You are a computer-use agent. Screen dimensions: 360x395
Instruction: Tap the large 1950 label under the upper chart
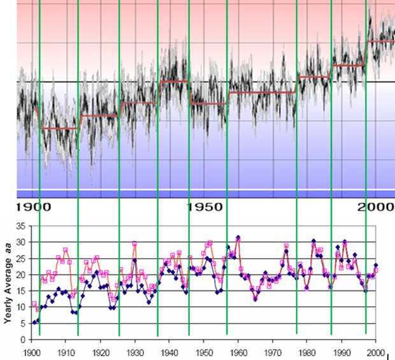205,207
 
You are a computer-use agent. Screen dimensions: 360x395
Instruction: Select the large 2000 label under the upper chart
375,207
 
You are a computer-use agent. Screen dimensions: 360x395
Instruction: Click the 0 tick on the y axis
23,340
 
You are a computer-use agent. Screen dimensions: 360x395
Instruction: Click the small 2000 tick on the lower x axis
375,351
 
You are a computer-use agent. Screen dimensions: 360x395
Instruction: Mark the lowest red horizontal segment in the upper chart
59,128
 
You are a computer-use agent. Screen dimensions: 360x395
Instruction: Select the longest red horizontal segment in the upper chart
261,92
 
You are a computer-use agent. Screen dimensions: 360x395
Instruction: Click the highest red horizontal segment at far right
380,41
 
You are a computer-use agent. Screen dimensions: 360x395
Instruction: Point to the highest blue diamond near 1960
238,238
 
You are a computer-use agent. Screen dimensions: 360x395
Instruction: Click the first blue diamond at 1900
34,322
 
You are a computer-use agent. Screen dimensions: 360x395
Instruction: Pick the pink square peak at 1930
134,243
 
